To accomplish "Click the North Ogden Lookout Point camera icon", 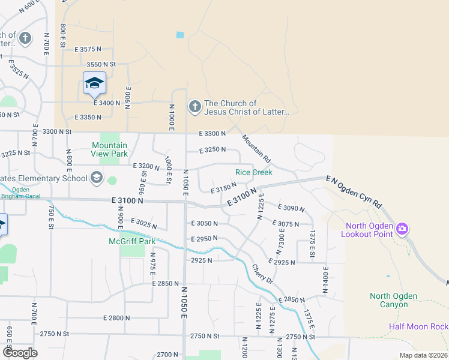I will pos(402,229).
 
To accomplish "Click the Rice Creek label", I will pos(253,172).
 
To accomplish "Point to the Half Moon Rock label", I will pos(418,326).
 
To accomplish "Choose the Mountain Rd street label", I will pos(257,150).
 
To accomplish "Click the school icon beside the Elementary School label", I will pos(96,178).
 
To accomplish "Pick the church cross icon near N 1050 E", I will pos(194,107).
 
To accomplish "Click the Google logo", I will pos(19,353).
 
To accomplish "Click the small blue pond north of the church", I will pos(180,35).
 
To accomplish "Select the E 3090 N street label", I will pos(292,208).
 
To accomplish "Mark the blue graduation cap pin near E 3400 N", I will pos(94,83).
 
